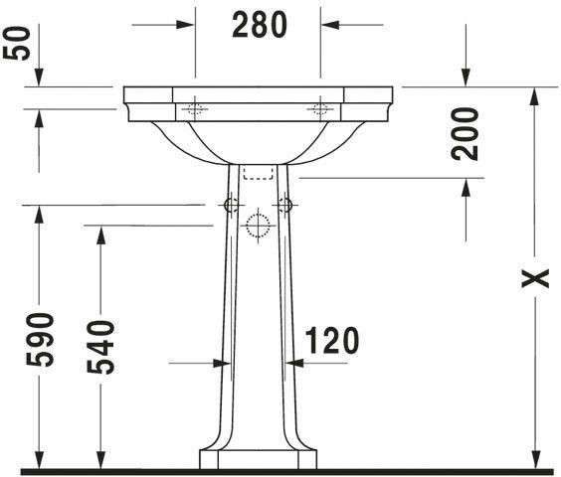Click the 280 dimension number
click(x=260, y=25)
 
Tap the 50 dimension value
click(x=17, y=44)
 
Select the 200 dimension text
click(x=465, y=134)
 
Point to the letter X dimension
click(x=535, y=278)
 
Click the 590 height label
click(x=40, y=340)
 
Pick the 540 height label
click(x=100, y=347)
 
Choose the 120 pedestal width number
click(x=332, y=341)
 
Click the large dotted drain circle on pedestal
click(x=258, y=226)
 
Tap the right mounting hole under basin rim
click(x=320, y=108)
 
